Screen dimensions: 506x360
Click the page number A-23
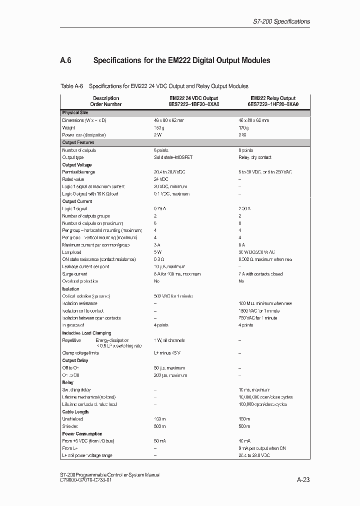(x=303, y=480)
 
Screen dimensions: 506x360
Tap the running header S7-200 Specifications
(x=279, y=21)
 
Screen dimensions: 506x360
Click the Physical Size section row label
(x=74, y=113)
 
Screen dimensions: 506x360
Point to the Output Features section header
(x=78, y=142)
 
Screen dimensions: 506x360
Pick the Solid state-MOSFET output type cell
(x=173, y=157)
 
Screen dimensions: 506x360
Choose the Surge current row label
(x=74, y=274)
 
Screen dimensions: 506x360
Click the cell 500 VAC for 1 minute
(x=173, y=296)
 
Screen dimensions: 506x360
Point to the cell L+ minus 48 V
(x=168, y=353)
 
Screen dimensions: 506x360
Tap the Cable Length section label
(x=76, y=411)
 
